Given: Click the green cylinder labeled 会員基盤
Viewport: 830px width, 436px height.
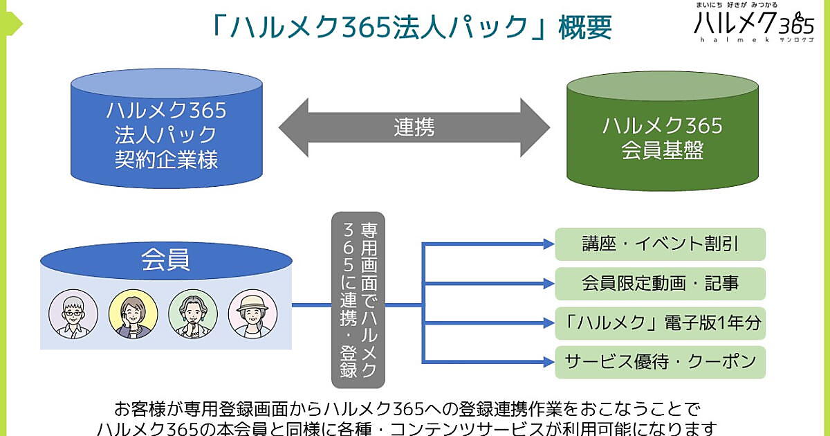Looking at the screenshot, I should pyautogui.click(x=662, y=135).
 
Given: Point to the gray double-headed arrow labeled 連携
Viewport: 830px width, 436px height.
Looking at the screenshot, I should pyautogui.click(x=414, y=127).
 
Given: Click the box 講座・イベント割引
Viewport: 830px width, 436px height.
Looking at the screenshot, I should pyautogui.click(x=660, y=244).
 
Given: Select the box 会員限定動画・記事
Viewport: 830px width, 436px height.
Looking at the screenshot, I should pyautogui.click(x=660, y=283).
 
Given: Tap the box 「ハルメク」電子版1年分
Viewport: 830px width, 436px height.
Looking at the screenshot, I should pyautogui.click(x=660, y=323).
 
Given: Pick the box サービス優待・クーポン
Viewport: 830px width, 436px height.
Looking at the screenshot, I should pyautogui.click(x=660, y=361).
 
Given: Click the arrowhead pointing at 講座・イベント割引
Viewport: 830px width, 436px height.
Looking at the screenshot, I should pyautogui.click(x=548, y=244).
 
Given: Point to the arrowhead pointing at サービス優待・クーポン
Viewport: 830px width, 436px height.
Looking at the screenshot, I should pyautogui.click(x=548, y=361).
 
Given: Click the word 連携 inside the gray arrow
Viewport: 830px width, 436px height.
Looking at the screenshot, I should pyautogui.click(x=414, y=127).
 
